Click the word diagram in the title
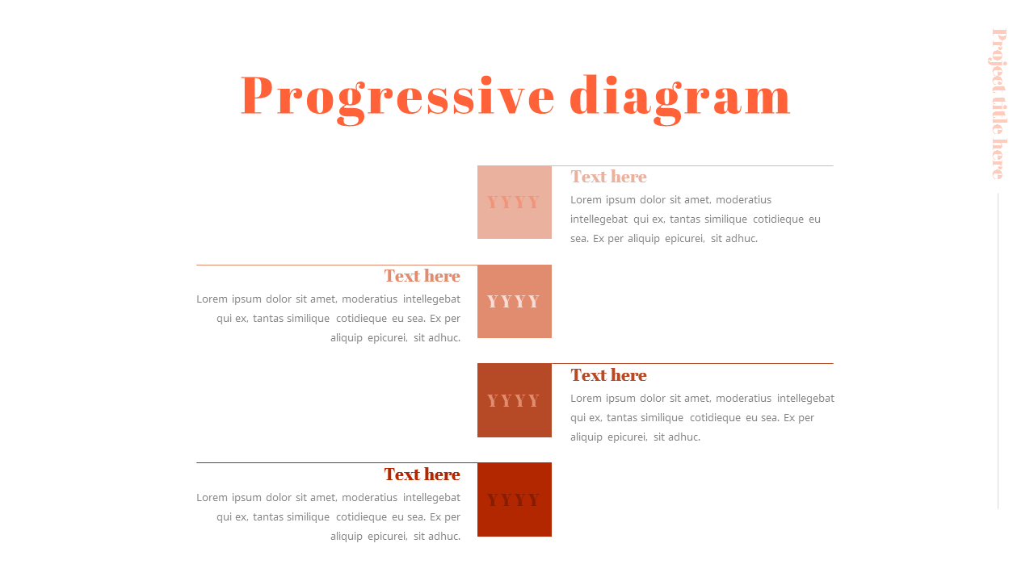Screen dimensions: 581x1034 (680, 97)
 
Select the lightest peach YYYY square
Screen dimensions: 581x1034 (515, 202)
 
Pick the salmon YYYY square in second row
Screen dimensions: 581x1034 (515, 301)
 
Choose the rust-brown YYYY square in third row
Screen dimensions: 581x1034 (515, 400)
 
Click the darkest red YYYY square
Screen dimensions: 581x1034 (515, 499)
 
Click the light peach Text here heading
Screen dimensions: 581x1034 (608, 177)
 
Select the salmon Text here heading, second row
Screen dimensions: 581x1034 (422, 276)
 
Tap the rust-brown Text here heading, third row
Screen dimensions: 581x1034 (608, 375)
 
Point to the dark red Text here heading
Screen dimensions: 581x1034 (422, 474)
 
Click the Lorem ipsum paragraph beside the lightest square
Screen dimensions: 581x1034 (695, 219)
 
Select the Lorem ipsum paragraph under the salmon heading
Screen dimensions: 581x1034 (329, 318)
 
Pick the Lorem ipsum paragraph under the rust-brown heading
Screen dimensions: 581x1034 (701, 417)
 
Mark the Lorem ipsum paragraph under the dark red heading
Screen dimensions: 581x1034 (329, 516)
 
